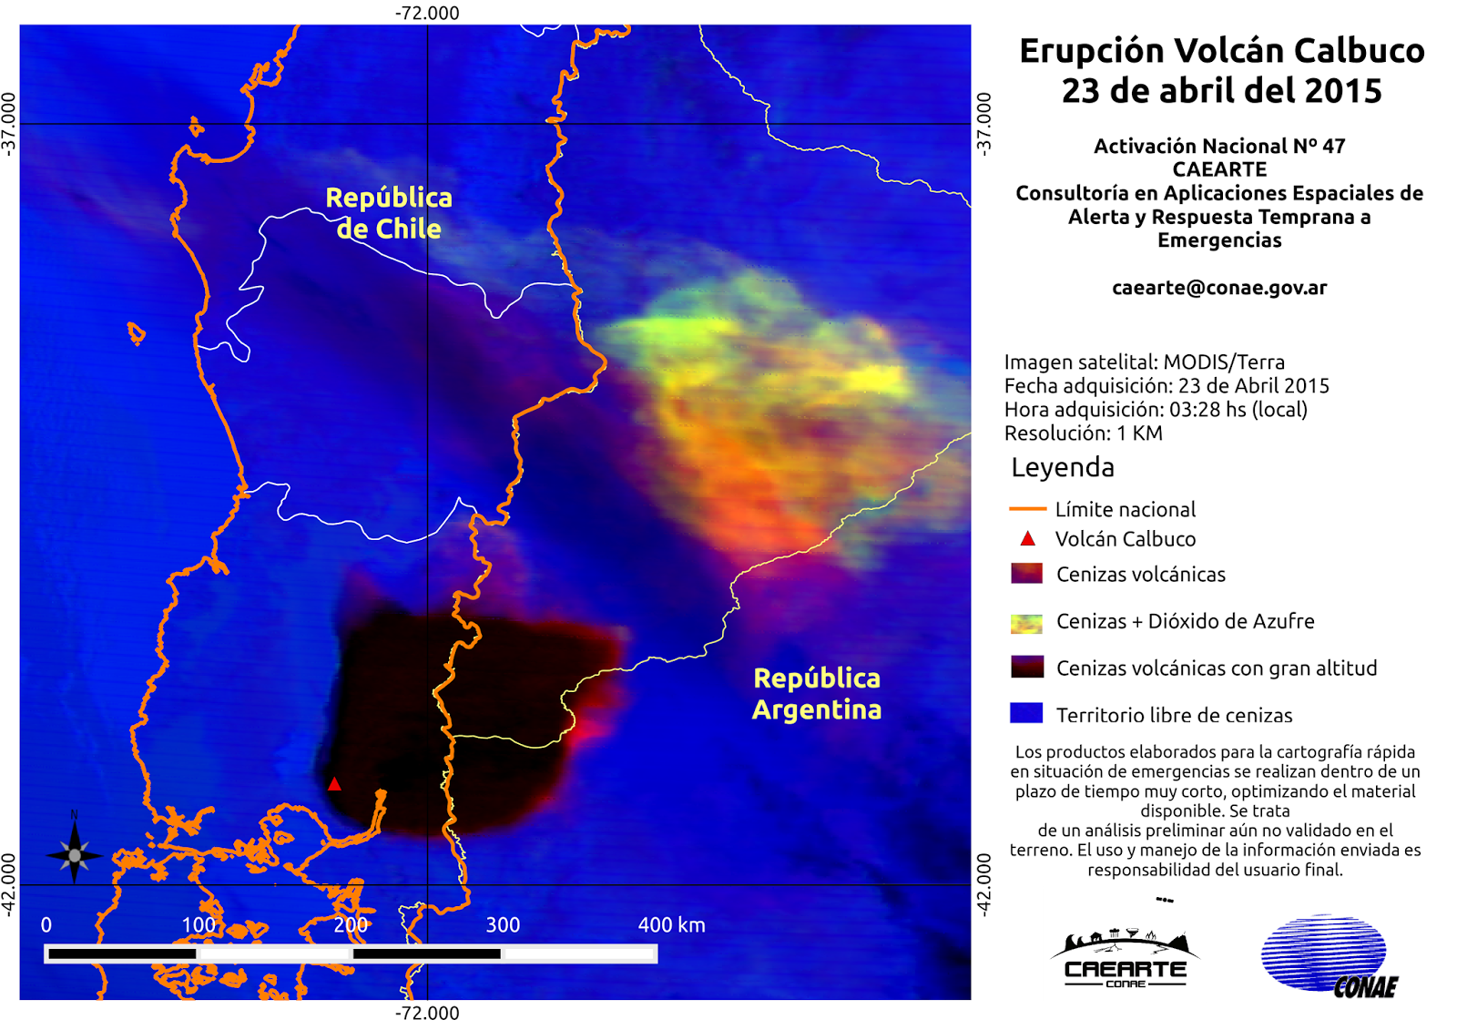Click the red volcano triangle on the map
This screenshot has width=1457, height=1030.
click(334, 784)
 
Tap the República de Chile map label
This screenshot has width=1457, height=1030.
click(389, 213)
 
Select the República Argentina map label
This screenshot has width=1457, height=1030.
click(817, 694)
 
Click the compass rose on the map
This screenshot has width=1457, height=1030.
click(74, 853)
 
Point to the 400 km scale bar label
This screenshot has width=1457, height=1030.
click(671, 925)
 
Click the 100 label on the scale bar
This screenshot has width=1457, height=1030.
click(199, 925)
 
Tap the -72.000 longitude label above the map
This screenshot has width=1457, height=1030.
click(427, 13)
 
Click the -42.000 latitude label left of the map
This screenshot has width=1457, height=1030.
click(8, 884)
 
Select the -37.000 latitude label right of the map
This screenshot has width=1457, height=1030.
click(984, 124)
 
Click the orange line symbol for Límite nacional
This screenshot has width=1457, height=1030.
click(1027, 509)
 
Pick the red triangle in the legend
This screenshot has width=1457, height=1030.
click(1027, 538)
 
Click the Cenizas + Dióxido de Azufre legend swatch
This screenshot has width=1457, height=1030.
click(1026, 623)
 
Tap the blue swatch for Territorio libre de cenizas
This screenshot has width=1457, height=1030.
click(1026, 713)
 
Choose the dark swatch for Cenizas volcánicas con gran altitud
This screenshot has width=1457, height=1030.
click(1026, 667)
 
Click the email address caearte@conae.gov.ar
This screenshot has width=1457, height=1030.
click(1219, 288)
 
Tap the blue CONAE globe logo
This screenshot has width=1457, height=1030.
click(1326, 954)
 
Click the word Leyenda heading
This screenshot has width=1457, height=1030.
click(1063, 467)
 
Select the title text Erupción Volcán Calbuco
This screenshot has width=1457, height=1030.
click(1221, 51)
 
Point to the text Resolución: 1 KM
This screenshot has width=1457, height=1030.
click(1084, 433)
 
